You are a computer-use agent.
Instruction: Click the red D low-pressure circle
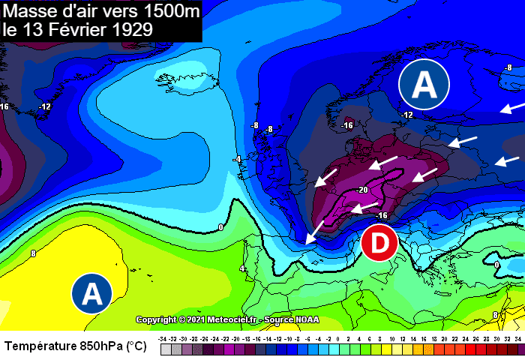coord(379,243)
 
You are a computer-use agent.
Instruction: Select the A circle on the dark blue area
coord(424,84)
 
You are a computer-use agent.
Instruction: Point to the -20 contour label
coord(361,190)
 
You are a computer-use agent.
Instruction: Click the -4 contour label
coord(237,160)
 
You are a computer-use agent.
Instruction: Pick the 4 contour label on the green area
coord(242,268)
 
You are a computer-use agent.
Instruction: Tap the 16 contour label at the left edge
coord(4,106)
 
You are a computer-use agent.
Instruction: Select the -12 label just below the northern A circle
coord(406,115)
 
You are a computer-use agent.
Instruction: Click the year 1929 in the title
coord(129,30)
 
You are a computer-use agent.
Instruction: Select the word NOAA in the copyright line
coord(306,319)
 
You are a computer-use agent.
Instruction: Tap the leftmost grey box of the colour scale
coord(163,349)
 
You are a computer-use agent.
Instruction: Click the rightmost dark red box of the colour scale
coord(517,349)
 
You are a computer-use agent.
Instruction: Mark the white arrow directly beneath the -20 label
coord(364,208)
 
